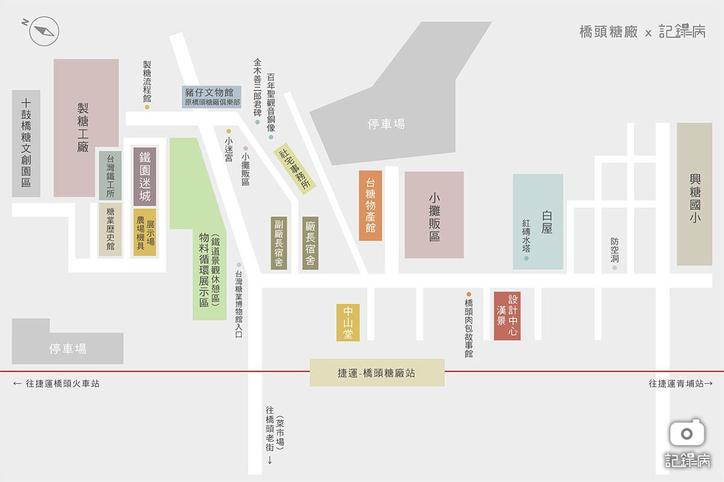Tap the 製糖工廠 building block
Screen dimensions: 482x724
coord(86,128)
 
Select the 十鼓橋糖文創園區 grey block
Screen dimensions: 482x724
coord(26,143)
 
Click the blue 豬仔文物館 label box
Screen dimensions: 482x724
coord(212,96)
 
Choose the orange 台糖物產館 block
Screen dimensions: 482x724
coord(370,205)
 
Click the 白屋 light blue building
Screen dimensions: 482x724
coord(538,222)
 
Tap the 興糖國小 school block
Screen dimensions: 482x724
coord(694,194)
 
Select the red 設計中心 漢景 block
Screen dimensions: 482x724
coord(507,316)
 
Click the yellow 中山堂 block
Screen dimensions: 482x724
coord(348,322)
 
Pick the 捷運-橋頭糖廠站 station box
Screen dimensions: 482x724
coord(377,372)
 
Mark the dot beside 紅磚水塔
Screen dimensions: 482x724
coord(526,258)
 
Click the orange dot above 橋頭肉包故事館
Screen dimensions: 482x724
coord(468,295)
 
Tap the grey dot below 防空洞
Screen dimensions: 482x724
coord(615,268)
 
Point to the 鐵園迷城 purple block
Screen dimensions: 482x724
coord(145,177)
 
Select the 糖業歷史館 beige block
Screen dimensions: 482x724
coord(110,229)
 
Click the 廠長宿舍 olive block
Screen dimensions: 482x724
coord(310,243)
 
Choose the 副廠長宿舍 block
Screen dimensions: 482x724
coord(279,243)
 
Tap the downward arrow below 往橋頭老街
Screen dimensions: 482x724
coord(270,459)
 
